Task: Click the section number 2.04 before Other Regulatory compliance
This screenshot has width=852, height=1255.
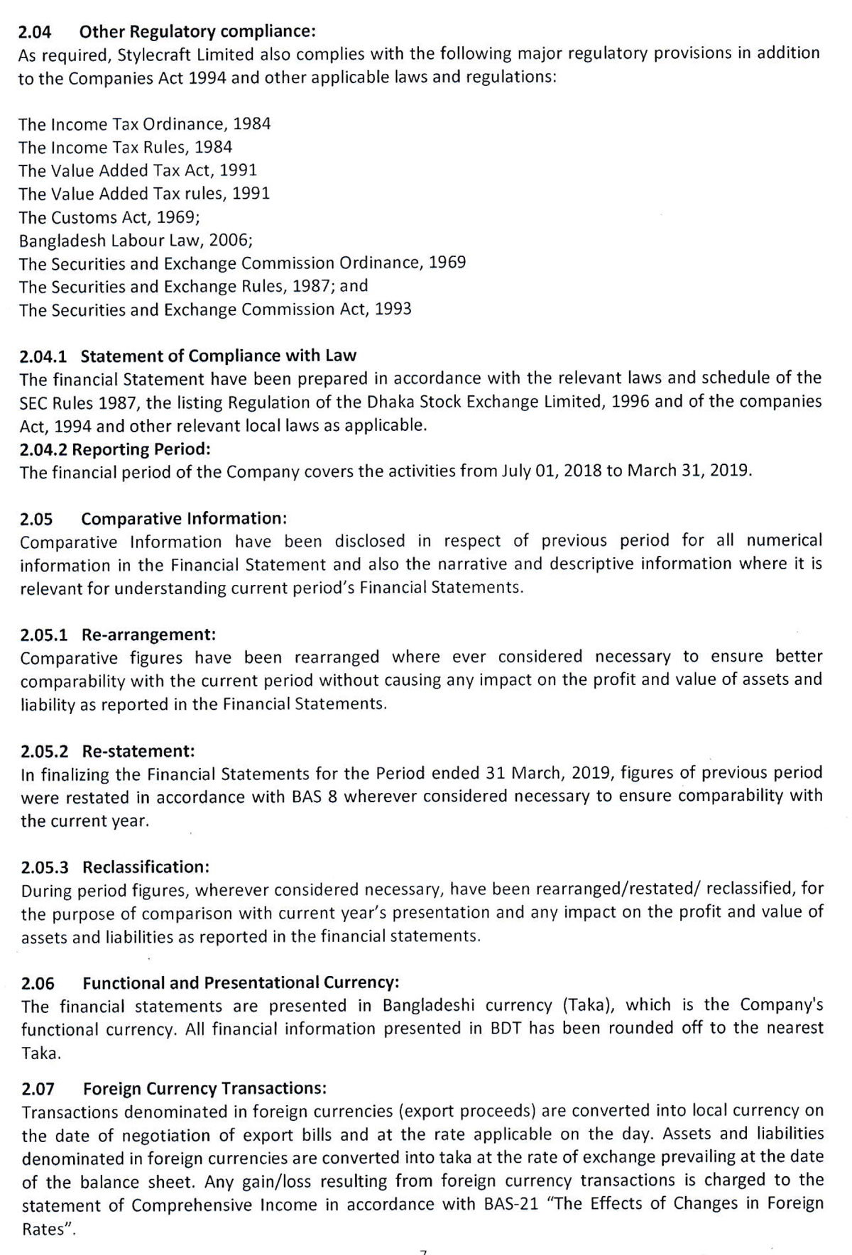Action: (x=35, y=31)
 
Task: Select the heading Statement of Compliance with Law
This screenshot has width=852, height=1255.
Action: (x=219, y=355)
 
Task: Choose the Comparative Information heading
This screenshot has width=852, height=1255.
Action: (x=184, y=518)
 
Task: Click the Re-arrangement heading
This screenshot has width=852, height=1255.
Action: (x=148, y=633)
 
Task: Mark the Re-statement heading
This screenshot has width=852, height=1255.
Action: (x=138, y=750)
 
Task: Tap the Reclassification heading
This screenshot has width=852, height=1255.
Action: (x=146, y=867)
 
